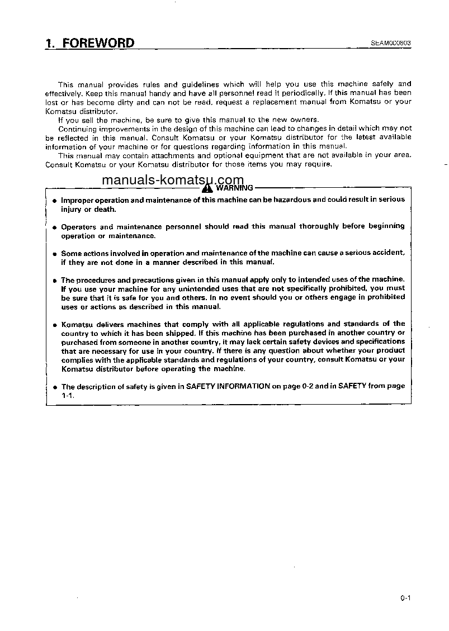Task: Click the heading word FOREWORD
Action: [98, 43]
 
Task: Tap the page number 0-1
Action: [405, 598]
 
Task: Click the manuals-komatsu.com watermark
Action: [173, 181]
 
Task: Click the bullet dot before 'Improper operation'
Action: [54, 200]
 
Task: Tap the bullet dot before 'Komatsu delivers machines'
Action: [54, 325]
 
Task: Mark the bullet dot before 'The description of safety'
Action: [54, 387]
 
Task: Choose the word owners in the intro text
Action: [306, 120]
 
